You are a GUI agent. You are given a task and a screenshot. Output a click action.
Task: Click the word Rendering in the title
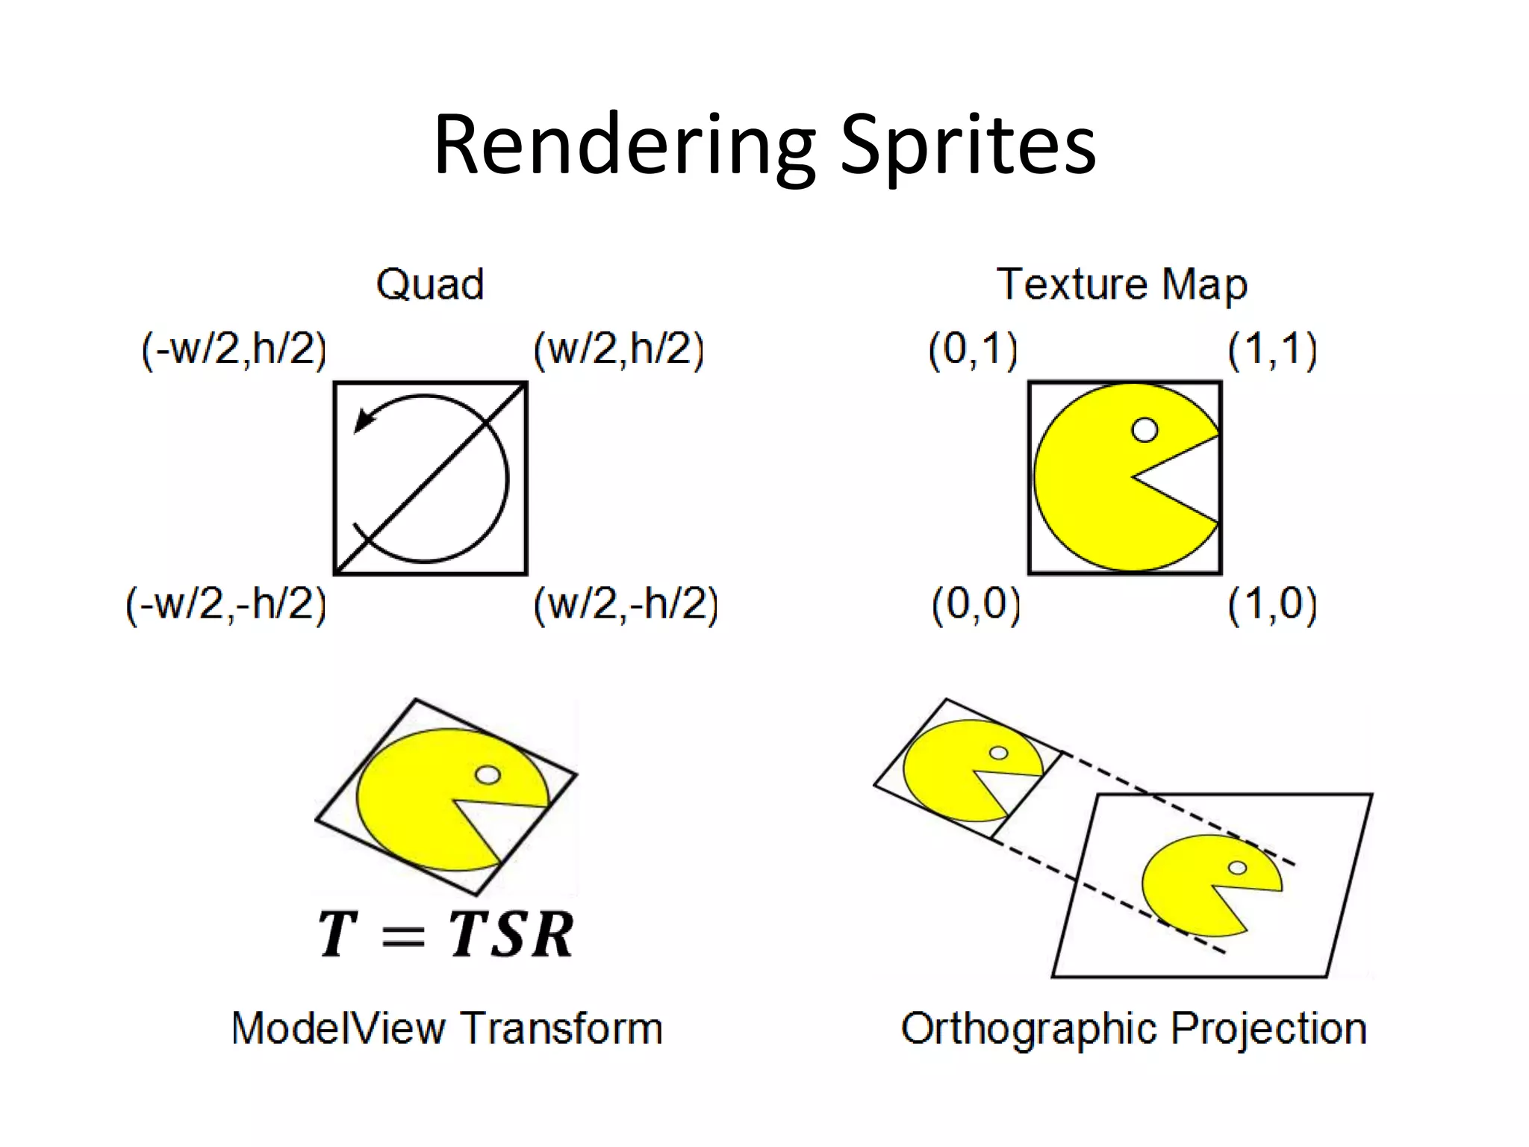[x=624, y=146]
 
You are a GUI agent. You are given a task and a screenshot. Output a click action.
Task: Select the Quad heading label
[x=430, y=285]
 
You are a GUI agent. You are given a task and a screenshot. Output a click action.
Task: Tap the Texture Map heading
[x=1121, y=285]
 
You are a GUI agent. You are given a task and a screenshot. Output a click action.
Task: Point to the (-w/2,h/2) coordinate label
[x=234, y=349]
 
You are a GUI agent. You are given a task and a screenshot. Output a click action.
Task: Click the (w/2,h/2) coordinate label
[x=618, y=349]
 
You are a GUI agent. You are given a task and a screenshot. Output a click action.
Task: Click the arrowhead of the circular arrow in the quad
[x=364, y=420]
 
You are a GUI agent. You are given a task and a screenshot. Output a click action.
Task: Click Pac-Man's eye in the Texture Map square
[x=1145, y=429]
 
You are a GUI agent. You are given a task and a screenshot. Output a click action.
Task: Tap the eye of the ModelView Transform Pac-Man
[x=488, y=775]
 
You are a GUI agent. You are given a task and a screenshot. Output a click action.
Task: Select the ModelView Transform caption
[x=446, y=1028]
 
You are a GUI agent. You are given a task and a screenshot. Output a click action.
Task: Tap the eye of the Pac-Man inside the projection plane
[x=1237, y=867]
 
